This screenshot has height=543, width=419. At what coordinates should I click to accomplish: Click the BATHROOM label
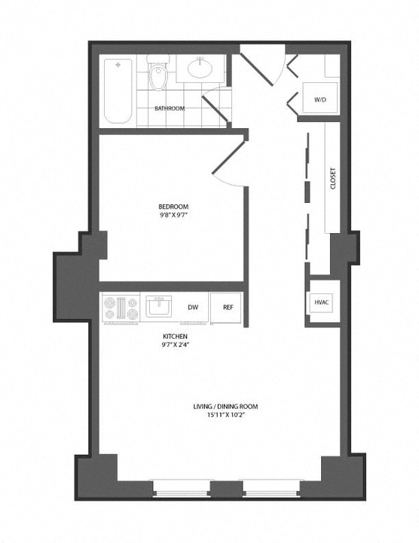170,109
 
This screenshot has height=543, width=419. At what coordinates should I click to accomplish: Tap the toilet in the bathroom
158,72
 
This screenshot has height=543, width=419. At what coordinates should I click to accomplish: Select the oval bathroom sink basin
200,69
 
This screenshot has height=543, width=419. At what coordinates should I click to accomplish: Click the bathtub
118,91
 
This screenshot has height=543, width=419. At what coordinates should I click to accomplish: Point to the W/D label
320,100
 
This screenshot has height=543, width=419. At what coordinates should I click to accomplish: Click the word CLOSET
333,178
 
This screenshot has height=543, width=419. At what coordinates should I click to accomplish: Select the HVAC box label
322,302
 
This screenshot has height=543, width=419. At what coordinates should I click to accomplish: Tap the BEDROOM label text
173,207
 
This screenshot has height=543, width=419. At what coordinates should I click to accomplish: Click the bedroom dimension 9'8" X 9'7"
173,215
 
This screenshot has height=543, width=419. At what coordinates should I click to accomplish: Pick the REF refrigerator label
228,307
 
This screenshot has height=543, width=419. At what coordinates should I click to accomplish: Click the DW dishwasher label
193,307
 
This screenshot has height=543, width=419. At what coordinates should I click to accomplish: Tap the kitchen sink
158,306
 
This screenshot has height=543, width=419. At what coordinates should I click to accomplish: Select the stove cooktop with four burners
121,308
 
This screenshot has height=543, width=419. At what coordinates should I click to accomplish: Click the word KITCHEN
175,336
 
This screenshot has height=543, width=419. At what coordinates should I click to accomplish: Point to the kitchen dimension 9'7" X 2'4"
175,345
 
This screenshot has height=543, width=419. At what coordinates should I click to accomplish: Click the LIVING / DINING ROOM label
225,406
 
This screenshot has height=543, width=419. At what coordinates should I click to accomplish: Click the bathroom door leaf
215,109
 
